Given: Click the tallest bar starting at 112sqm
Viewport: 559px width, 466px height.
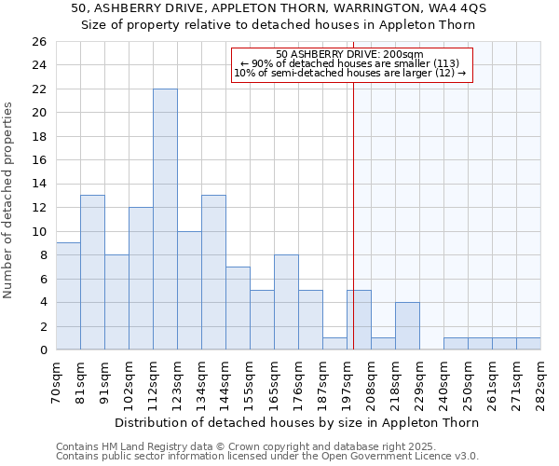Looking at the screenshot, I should click(165, 219).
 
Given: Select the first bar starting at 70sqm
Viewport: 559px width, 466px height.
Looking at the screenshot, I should click(68, 296).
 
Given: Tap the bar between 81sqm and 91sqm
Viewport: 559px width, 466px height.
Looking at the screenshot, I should click(92, 272).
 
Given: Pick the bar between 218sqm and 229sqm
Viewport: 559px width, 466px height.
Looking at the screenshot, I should click(407, 326).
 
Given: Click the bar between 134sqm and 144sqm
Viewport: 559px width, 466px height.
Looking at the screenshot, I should click(213, 272).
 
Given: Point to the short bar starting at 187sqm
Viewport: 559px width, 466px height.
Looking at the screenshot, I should click(334, 344).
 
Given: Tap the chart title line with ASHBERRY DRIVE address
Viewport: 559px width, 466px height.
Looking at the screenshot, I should click(279, 8).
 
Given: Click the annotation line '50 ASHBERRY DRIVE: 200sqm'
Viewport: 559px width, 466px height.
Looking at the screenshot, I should click(349, 54).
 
